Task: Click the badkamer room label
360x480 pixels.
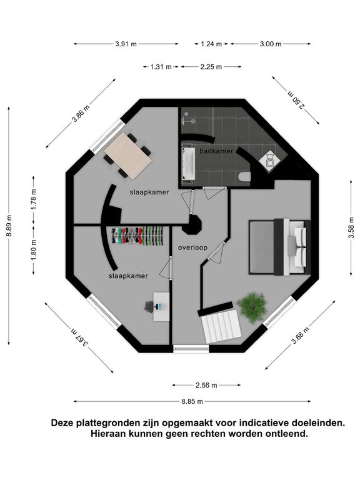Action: tap(216, 151)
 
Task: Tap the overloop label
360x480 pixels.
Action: tap(193, 247)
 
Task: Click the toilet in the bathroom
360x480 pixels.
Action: tap(244, 177)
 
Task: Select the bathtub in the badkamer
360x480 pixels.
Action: tap(188, 164)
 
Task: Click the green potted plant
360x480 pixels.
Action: tap(252, 307)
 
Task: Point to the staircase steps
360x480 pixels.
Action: tap(222, 326)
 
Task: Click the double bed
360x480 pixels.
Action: tap(280, 247)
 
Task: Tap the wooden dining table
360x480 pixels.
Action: tap(127, 156)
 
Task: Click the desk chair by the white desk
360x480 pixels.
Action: tap(149, 306)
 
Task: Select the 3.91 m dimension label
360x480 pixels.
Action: tap(126, 44)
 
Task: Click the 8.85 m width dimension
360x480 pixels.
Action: tap(192, 401)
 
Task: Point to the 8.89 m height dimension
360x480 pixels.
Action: tap(9, 226)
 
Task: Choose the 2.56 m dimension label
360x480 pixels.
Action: tap(206, 385)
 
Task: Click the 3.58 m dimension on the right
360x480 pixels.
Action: tap(351, 227)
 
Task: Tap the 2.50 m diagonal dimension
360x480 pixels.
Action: tap(296, 100)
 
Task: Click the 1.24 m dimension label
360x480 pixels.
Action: tap(211, 44)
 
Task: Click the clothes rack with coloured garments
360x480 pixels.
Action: tap(136, 236)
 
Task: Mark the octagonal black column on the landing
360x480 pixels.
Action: tap(192, 225)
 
